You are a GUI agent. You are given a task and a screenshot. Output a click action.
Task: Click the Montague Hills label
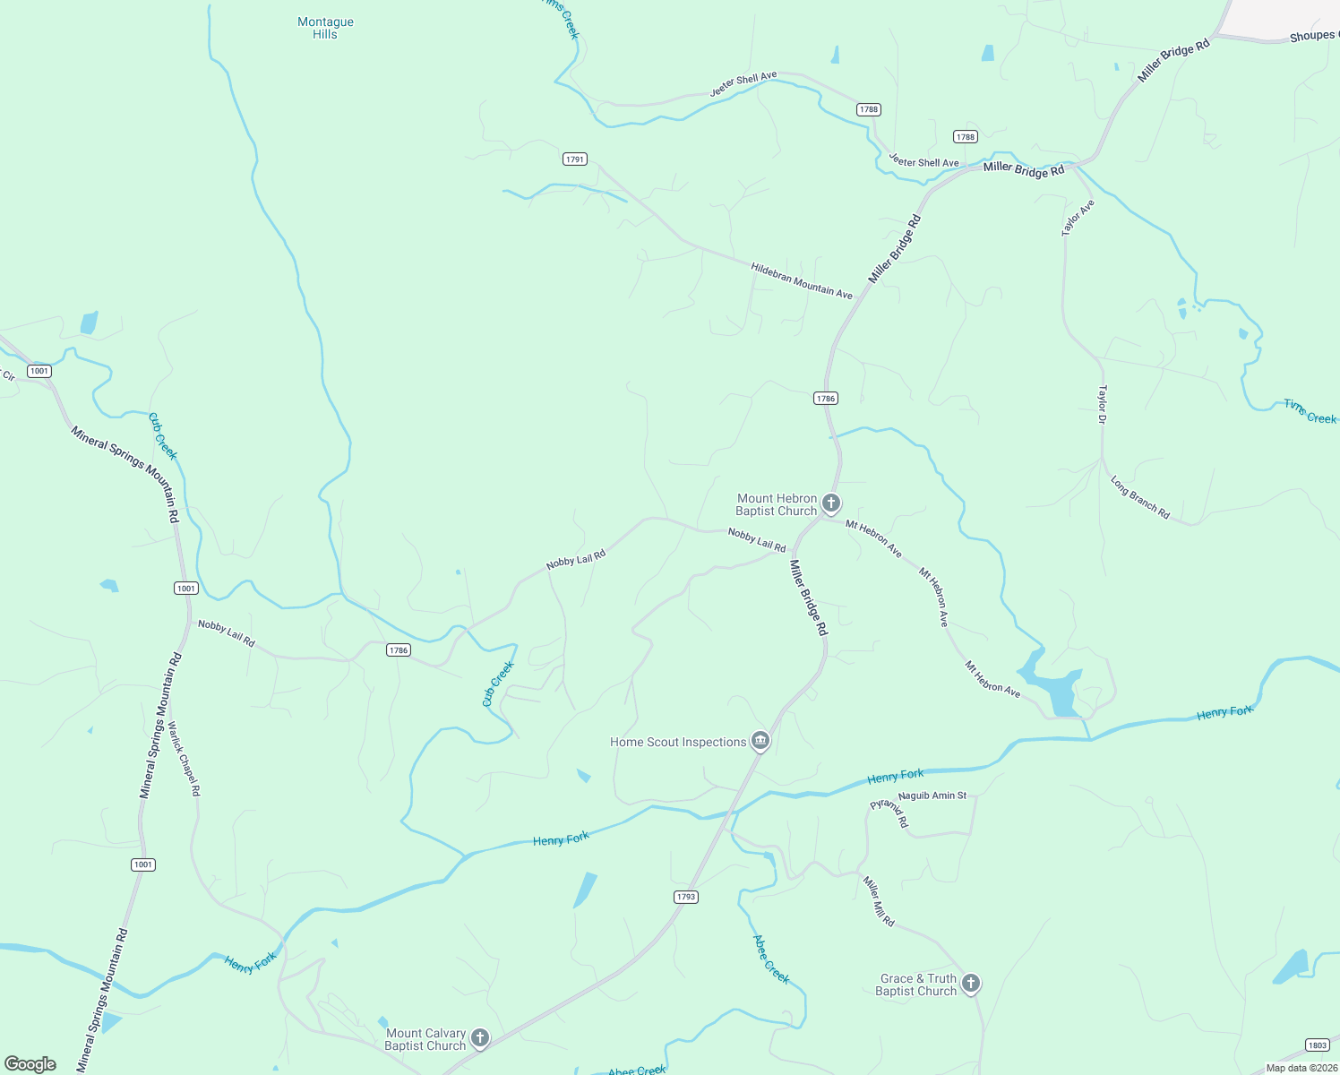point(325,28)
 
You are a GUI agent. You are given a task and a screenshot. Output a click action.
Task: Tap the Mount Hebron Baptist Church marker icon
point(831,503)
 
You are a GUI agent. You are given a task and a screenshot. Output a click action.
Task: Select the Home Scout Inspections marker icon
point(760,741)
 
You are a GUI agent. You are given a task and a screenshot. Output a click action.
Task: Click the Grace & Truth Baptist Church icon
point(970,984)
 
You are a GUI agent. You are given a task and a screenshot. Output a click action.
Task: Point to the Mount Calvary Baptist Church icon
point(480,1038)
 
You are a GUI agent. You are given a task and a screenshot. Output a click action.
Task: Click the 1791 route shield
point(575,159)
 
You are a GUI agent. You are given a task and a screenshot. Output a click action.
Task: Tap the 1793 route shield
point(685,897)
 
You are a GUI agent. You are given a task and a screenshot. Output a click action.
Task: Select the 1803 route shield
point(1317,1045)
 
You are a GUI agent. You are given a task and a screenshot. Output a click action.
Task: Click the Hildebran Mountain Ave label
point(802,281)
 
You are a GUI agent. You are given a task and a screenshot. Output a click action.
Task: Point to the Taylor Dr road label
point(1103,404)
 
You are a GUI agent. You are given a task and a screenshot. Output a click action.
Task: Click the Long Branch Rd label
point(1140,498)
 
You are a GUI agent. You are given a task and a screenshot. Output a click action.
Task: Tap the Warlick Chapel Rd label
point(185,760)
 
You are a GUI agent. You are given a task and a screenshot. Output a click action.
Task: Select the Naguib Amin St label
point(932,795)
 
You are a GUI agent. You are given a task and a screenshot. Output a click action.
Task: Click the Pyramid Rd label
point(889,812)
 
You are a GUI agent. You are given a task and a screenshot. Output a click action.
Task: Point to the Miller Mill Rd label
point(879,901)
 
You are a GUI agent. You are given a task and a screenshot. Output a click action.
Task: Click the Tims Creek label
point(1310,412)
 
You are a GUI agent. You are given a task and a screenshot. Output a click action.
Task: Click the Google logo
point(30,1064)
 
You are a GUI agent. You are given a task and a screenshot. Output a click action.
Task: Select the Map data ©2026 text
point(1300,1068)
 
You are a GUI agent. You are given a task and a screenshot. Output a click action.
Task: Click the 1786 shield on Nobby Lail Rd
point(399,650)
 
